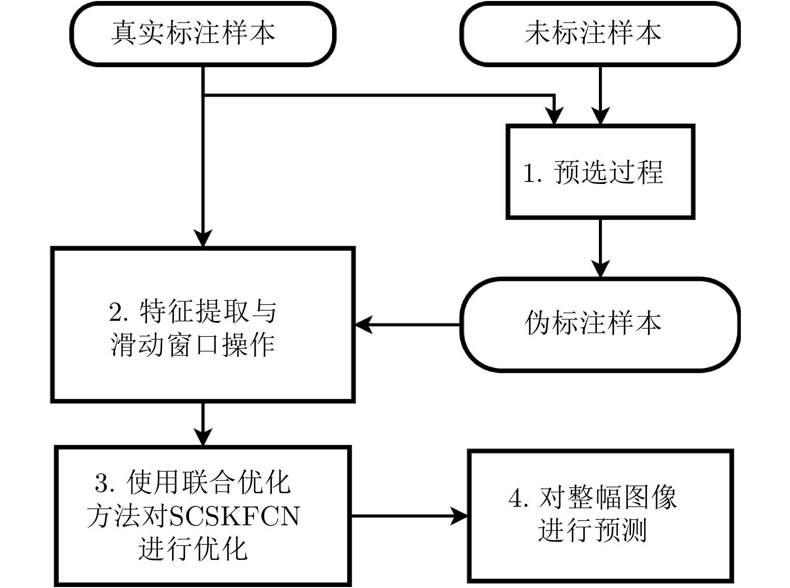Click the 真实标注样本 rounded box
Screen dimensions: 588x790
click(x=203, y=34)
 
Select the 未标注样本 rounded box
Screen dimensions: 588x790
click(x=600, y=34)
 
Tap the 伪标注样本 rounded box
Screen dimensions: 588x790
click(x=600, y=324)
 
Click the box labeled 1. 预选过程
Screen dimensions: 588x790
click(x=600, y=171)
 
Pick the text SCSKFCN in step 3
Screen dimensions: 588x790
click(x=235, y=516)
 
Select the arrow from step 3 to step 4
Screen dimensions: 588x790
click(x=409, y=515)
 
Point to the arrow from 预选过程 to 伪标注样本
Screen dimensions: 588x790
click(x=600, y=248)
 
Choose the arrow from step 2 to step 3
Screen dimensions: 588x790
click(x=203, y=424)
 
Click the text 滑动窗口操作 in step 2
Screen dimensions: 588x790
click(x=193, y=345)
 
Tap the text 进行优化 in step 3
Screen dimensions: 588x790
click(x=193, y=548)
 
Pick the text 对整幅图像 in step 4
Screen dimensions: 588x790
click(x=608, y=498)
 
